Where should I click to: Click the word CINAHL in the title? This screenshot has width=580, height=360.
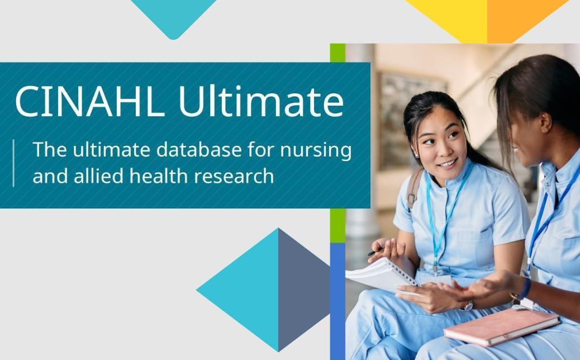tap(89, 101)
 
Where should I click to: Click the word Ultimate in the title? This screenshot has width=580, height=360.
tap(261, 101)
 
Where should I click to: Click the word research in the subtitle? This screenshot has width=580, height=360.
tap(234, 176)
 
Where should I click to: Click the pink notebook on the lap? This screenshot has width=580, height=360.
tap(502, 326)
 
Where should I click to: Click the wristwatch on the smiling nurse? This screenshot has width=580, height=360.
tap(468, 306)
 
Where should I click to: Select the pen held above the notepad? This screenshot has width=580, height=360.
tap(375, 252)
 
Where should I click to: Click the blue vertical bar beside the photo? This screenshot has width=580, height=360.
tap(337, 301)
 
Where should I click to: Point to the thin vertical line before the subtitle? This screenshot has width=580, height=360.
tap(13, 163)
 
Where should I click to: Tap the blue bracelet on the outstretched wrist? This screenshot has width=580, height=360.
tap(525, 288)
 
